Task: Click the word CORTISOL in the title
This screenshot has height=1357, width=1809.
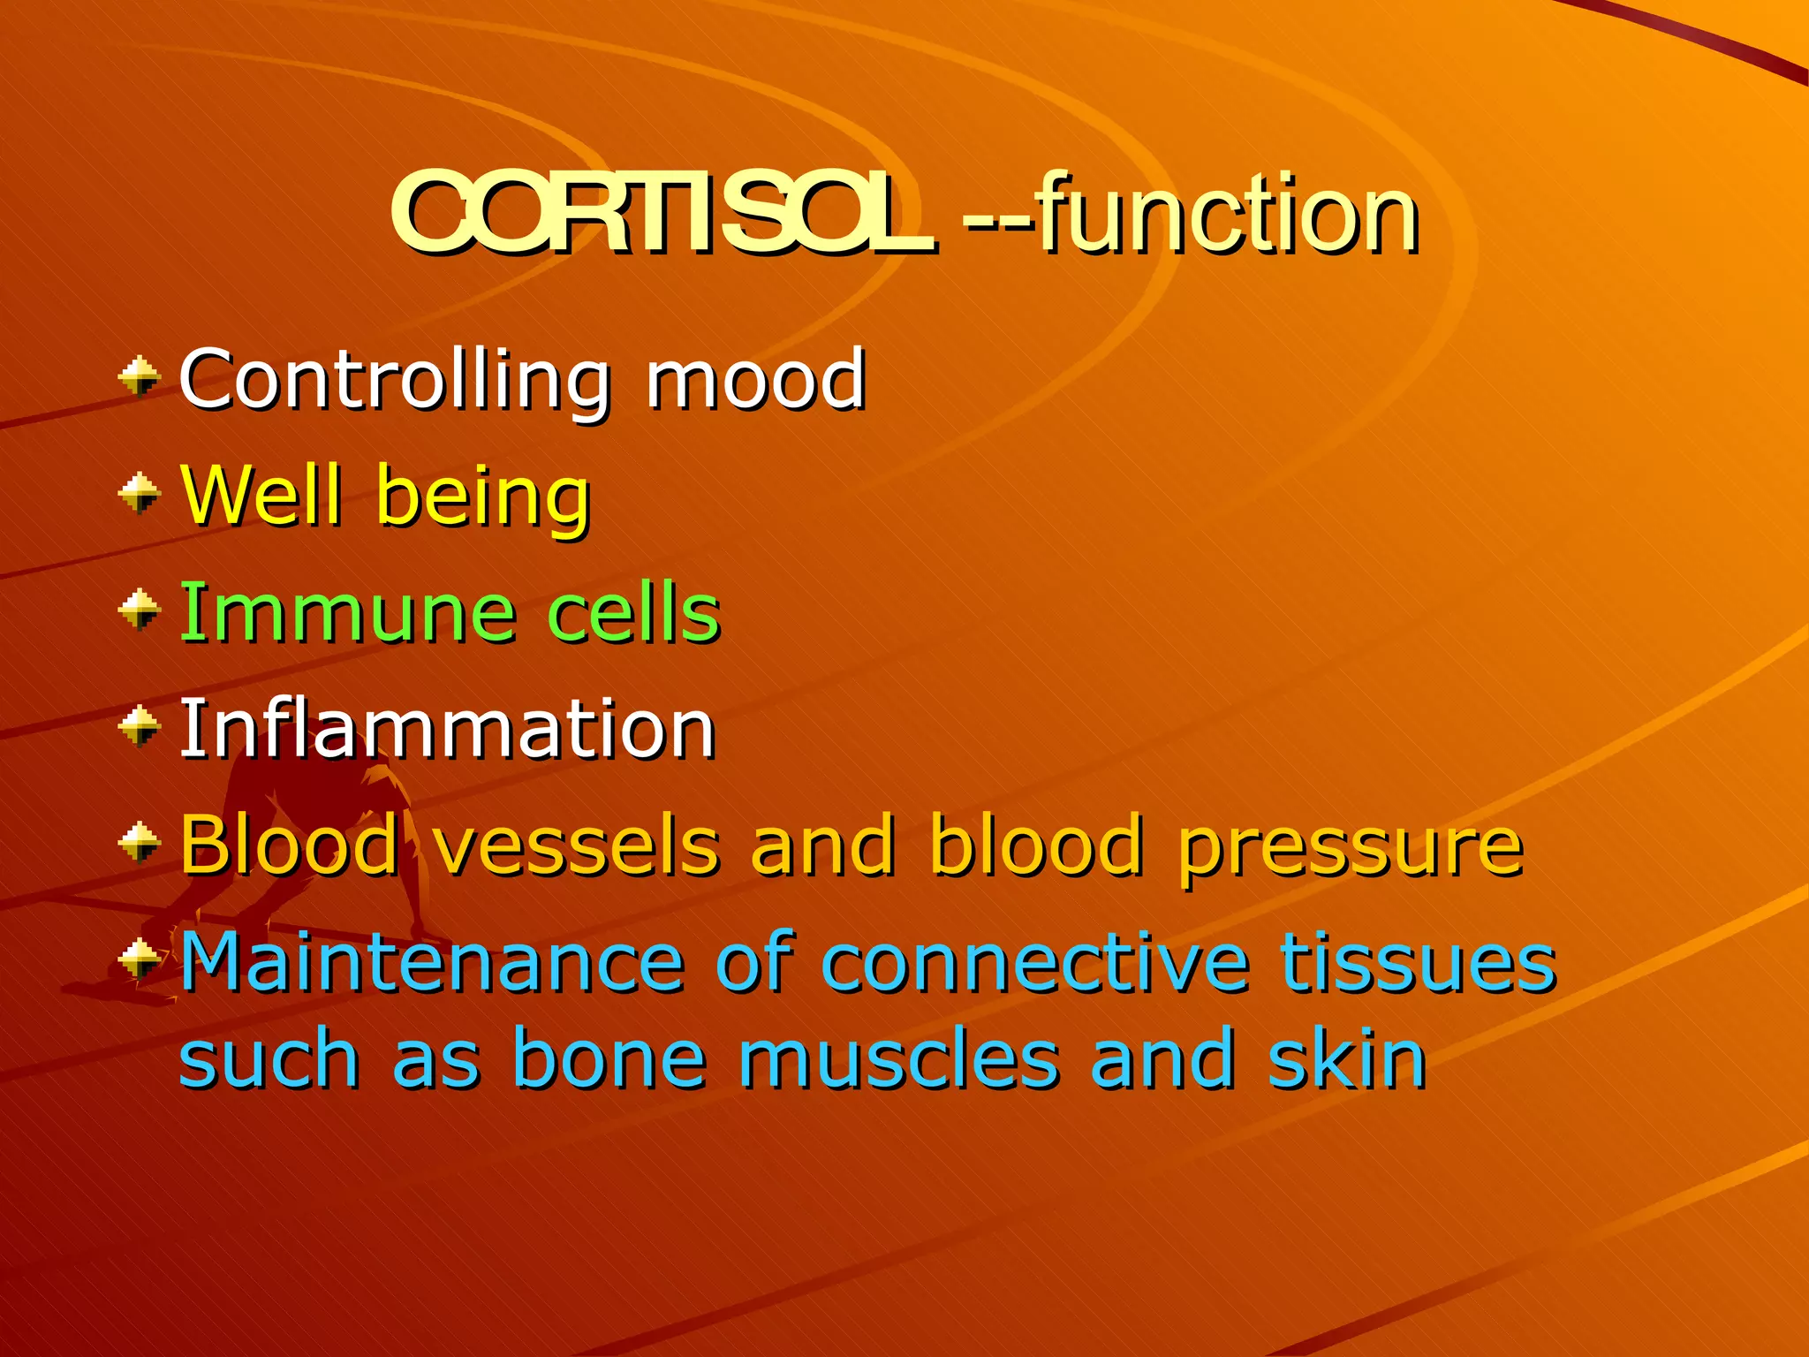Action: pyautogui.click(x=662, y=215)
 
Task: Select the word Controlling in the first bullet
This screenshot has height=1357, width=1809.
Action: pyautogui.click(x=394, y=380)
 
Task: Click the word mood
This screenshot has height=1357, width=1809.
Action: pyautogui.click(x=755, y=380)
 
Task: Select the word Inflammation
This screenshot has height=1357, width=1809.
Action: pyautogui.click(x=447, y=728)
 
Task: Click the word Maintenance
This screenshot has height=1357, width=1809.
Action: pyautogui.click(x=433, y=962)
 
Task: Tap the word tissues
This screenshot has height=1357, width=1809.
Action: pyautogui.click(x=1418, y=962)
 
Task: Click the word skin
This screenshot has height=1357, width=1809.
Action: pyautogui.click(x=1347, y=1058)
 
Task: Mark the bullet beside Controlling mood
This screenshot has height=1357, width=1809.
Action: pyautogui.click(x=140, y=378)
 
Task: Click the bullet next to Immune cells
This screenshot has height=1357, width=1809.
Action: pyautogui.click(x=140, y=610)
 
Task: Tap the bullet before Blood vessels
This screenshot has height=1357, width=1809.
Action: pyautogui.click(x=140, y=843)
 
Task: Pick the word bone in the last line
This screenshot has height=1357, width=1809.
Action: pyautogui.click(x=609, y=1058)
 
